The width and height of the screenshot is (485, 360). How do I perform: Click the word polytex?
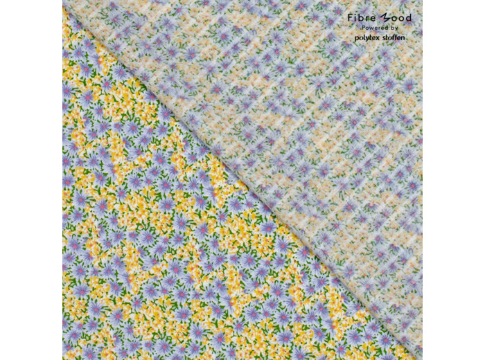coord(368,37)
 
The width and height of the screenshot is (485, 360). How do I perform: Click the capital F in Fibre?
coord(351,17)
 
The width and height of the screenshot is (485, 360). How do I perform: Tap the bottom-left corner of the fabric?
coord(63,359)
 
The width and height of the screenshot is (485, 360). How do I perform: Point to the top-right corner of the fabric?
coord(421,1)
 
